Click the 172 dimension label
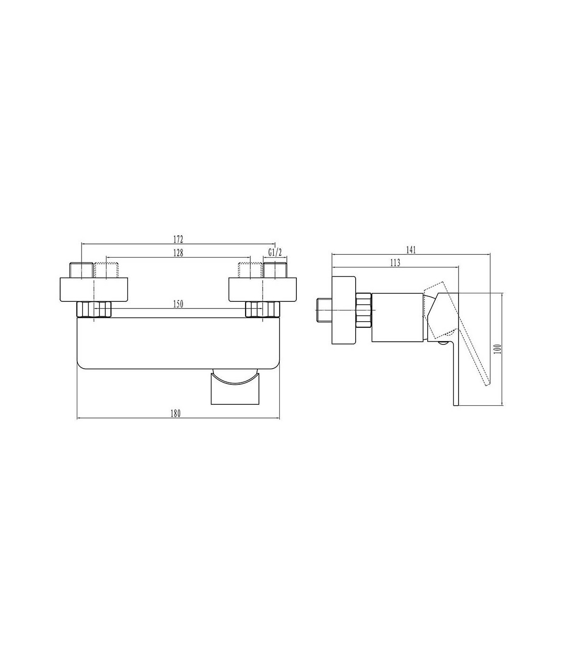pos(178,239)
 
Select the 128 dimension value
pos(178,252)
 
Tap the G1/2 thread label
pos(275,252)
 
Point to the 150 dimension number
pos(178,304)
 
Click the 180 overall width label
pos(175,413)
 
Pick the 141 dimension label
pos(411,250)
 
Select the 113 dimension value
pos(395,263)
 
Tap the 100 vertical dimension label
pos(498,349)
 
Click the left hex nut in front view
pos(94,309)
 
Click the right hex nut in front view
pos(263,309)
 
